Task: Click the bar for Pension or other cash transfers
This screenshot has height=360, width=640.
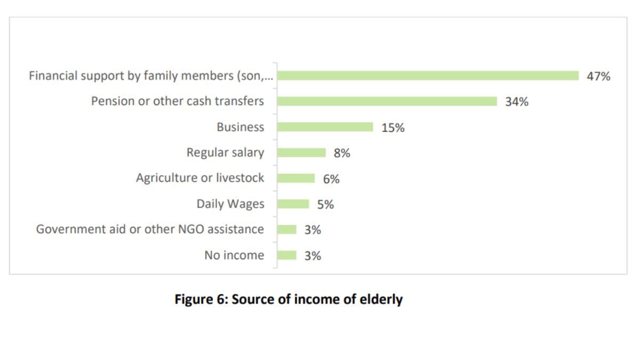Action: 387,101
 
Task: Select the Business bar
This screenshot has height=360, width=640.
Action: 325,127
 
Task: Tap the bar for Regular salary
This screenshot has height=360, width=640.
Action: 301,153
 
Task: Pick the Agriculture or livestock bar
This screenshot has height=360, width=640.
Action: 296,178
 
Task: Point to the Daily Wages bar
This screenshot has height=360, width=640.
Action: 293,204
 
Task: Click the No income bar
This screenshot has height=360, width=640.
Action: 287,255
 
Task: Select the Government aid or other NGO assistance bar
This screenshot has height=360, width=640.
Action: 287,229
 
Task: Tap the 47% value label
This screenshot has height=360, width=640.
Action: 598,76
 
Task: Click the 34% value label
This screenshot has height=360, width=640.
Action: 517,102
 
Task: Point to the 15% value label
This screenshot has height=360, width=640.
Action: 393,127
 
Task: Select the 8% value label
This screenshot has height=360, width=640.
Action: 342,153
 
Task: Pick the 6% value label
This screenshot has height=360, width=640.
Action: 331,179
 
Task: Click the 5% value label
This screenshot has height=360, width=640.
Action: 325,204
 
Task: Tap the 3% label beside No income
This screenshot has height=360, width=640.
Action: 313,256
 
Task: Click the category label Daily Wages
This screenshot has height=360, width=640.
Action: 230,204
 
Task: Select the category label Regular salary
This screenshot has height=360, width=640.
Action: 225,153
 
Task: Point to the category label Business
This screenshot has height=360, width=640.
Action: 240,127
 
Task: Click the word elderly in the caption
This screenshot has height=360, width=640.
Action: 380,299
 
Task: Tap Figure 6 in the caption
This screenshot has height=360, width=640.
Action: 201,299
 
